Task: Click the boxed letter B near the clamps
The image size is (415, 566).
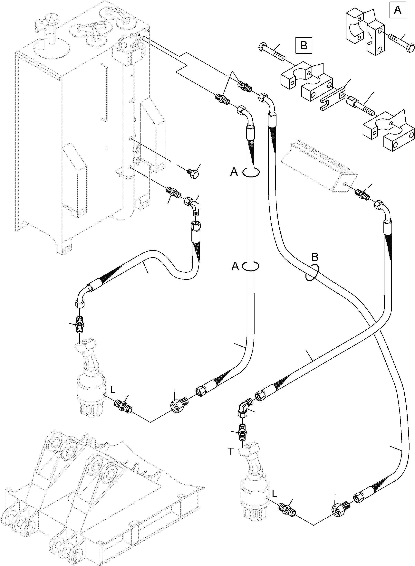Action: click(304, 45)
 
